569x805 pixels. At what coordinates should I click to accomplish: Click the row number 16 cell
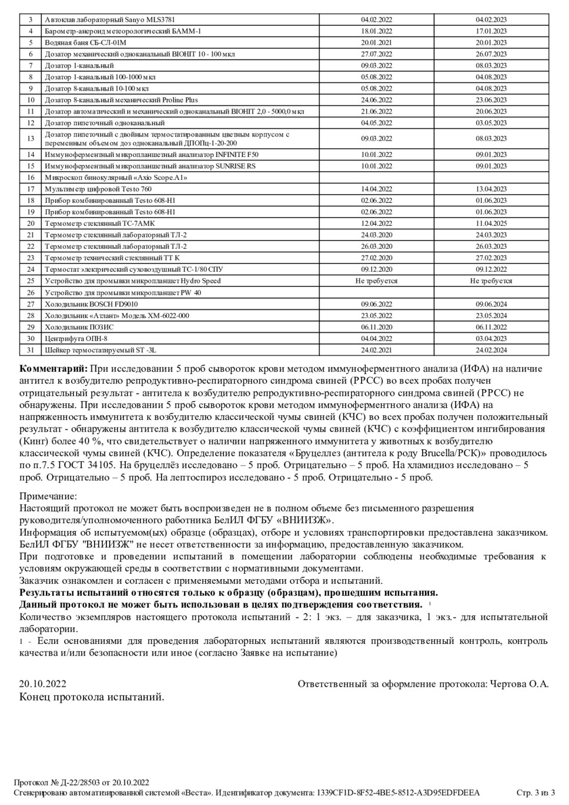pos(31,178)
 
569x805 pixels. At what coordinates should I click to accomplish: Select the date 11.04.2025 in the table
pos(491,223)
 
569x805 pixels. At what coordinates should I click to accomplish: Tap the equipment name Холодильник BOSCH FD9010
pos(91,304)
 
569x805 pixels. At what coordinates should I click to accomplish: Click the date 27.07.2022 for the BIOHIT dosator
pos(376,54)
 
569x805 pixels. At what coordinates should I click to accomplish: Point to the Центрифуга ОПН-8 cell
pos(76,339)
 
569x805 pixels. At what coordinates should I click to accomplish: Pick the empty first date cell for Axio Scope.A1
pos(376,178)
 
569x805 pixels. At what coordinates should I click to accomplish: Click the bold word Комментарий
pos(53,369)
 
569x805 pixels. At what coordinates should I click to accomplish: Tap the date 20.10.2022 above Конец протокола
pos(42,684)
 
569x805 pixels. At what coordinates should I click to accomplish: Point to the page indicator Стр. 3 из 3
pos(535,793)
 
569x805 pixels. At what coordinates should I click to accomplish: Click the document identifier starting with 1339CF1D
pos(398,793)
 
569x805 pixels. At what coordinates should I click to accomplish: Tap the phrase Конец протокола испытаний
pos(92,697)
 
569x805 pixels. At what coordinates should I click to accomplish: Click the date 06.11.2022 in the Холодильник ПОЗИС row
pos(491,328)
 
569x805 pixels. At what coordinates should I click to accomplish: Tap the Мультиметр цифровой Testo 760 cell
pos(98,189)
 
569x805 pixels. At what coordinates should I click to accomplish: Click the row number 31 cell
pos(31,350)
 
